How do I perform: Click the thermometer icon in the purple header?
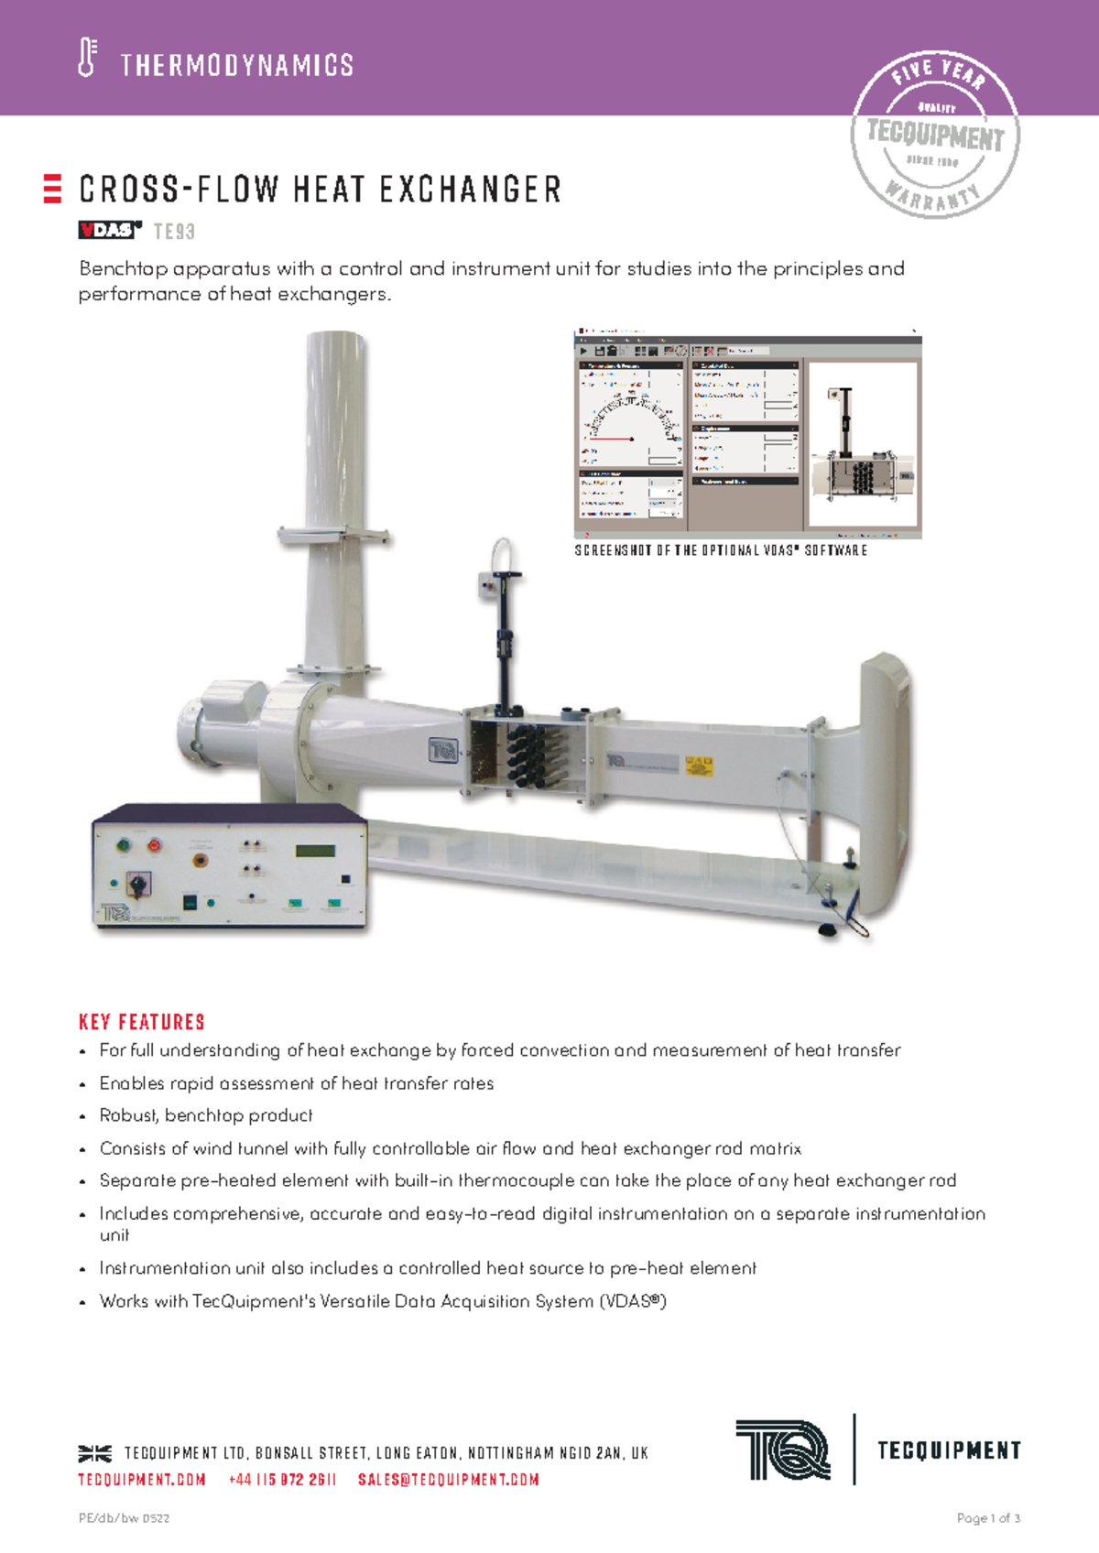click(x=87, y=58)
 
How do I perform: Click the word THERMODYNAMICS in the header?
click(x=236, y=65)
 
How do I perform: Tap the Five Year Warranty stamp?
click(x=935, y=135)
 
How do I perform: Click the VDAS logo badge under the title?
click(x=110, y=230)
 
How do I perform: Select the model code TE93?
click(x=174, y=232)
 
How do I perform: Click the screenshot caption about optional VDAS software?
click(x=721, y=550)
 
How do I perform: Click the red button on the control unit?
click(x=154, y=844)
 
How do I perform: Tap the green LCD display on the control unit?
click(x=314, y=851)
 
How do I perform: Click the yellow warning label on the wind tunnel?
click(x=699, y=765)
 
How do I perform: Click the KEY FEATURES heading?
click(x=142, y=1022)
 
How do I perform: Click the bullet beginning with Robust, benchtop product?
click(x=206, y=1115)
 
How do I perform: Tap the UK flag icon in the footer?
click(x=94, y=1453)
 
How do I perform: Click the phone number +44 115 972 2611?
click(x=282, y=1480)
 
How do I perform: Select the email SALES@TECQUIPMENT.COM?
click(x=448, y=1480)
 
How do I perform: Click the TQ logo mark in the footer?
click(x=783, y=1450)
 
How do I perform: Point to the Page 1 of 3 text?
click(x=987, y=1518)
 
